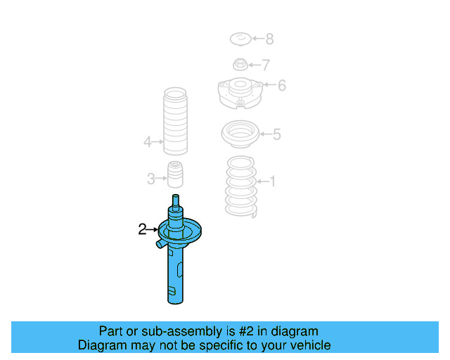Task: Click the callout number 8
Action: coord(269,39)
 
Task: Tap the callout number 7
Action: coord(265,65)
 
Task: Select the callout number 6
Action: coord(281,86)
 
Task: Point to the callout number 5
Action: coord(276,134)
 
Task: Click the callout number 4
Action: coord(148,142)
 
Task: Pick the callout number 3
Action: coord(151,179)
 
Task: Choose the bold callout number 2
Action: coord(142,229)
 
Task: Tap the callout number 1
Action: coord(272,182)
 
